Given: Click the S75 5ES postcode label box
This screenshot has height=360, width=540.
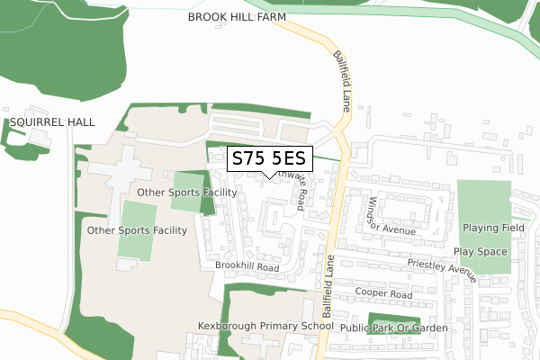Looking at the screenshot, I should (x=269, y=159).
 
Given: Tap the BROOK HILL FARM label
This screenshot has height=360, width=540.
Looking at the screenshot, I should (x=237, y=17).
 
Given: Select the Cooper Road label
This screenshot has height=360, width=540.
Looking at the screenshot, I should (x=382, y=294).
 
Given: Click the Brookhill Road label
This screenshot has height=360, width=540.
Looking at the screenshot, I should (x=247, y=266).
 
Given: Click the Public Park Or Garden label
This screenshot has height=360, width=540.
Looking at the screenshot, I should (x=393, y=328).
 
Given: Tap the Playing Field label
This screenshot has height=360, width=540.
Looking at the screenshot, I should (x=493, y=228).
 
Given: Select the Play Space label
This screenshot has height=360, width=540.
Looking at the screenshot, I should (x=480, y=252).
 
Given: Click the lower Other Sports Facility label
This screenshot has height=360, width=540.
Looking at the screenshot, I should (x=137, y=230).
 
